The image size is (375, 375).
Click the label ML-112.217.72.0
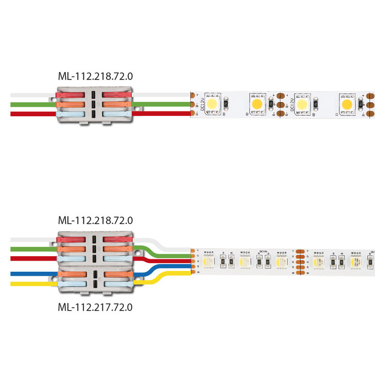click(x=95, y=307)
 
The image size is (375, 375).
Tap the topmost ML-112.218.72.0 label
click(x=95, y=76)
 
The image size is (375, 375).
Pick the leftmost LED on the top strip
click(x=213, y=104)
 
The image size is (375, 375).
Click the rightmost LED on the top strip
click(x=347, y=104)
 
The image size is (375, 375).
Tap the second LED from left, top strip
click(x=257, y=104)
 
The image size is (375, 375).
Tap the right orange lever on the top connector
click(x=116, y=104)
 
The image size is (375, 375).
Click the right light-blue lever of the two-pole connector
click(x=116, y=284)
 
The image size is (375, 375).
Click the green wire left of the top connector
click(x=29, y=104)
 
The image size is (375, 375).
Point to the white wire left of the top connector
click(x=29, y=95)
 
